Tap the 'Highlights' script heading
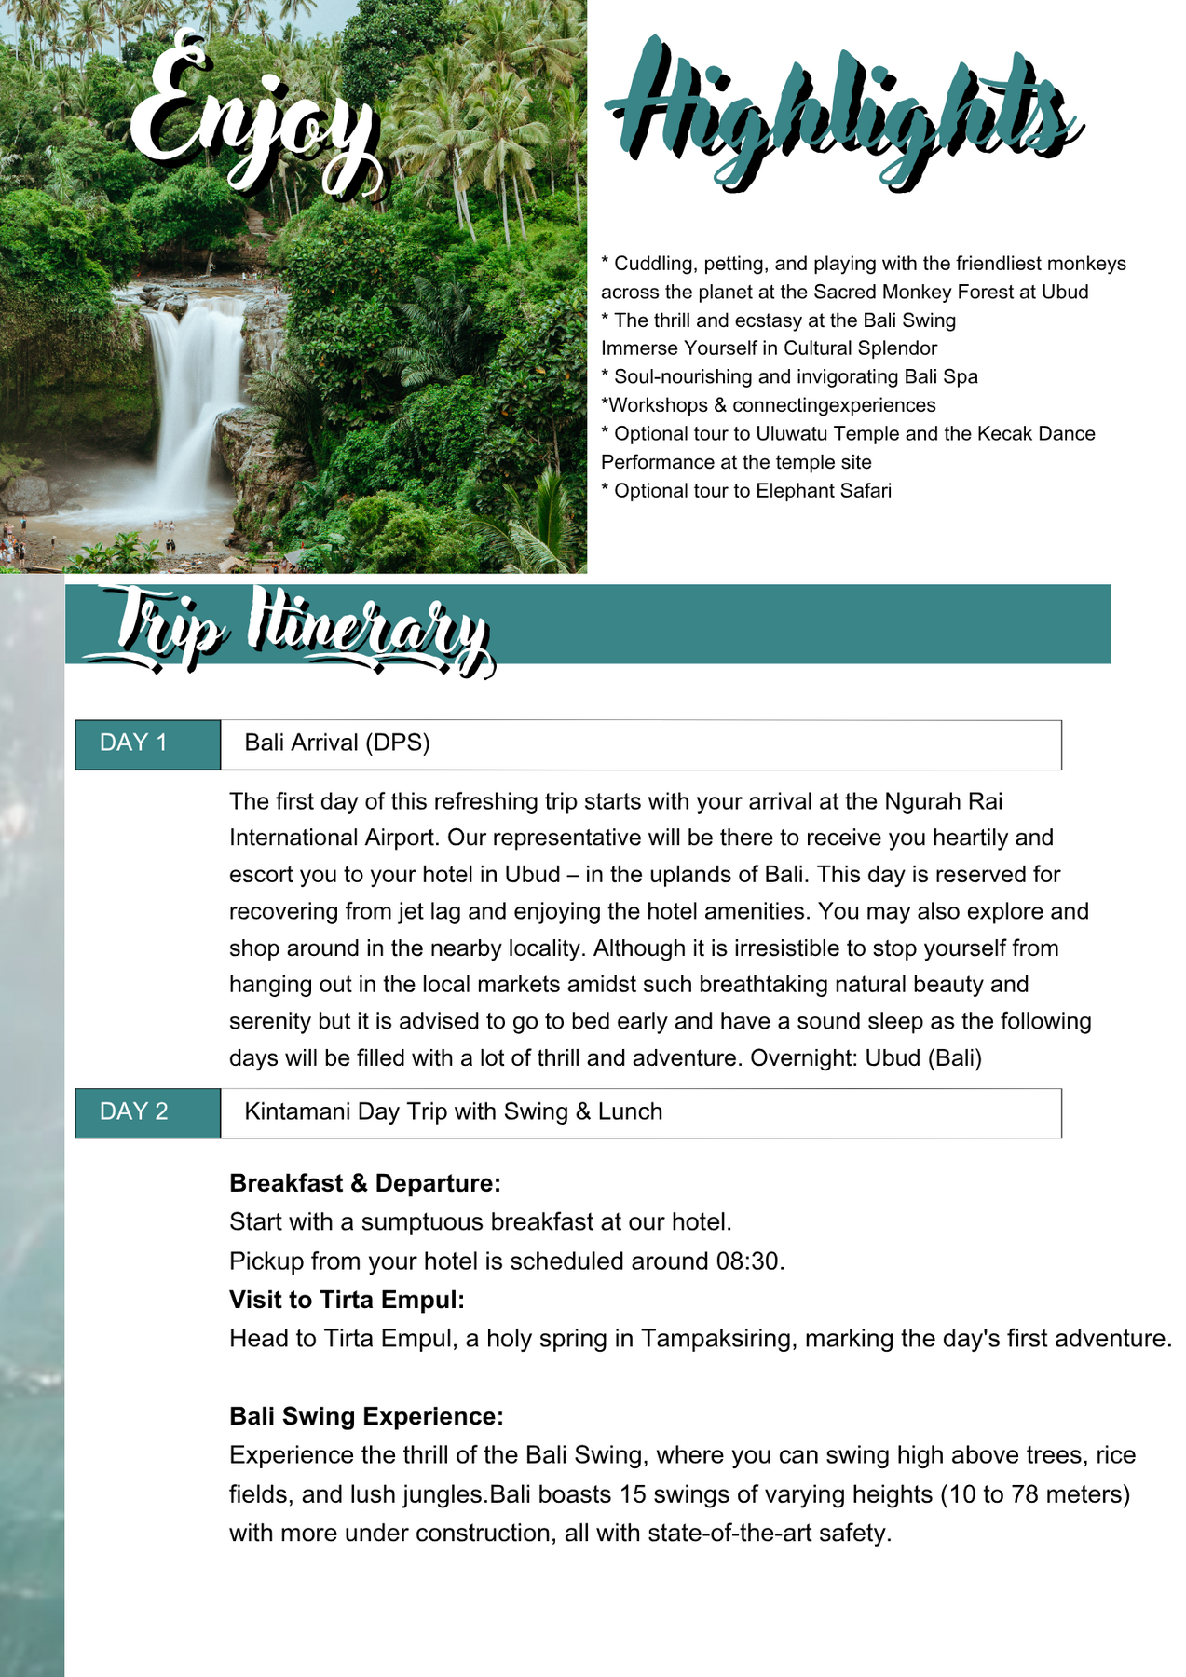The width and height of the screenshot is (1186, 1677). (x=843, y=116)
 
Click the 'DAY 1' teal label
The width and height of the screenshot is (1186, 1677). (x=133, y=743)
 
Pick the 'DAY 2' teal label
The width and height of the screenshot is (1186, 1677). (x=133, y=1111)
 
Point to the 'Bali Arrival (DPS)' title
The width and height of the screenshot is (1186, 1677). (x=336, y=743)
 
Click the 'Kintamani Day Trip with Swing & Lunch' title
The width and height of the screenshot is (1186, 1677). (x=453, y=1111)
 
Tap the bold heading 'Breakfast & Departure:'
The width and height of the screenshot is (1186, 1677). (x=364, y=1183)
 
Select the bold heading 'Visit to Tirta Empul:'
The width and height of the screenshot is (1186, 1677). (x=347, y=1300)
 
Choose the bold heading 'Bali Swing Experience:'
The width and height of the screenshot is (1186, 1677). (x=366, y=1416)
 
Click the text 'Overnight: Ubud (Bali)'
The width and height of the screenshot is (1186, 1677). (x=866, y=1058)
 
